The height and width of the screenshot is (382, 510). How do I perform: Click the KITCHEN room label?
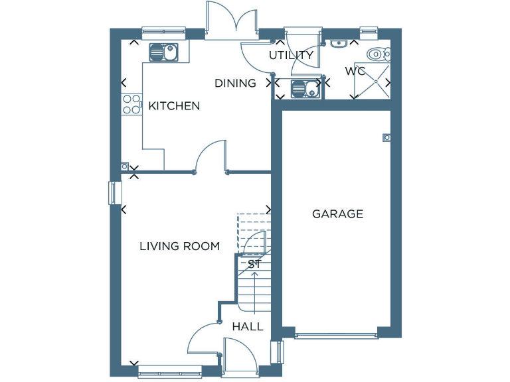174,106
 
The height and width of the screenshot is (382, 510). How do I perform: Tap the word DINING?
235,84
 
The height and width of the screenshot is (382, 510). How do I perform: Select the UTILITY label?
291,55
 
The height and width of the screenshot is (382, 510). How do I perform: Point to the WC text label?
355,71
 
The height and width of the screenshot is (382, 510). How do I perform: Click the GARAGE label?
338,214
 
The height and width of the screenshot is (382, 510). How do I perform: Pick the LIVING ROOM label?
179,246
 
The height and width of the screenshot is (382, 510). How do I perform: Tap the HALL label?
248,327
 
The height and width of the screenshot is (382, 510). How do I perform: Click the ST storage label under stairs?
254,264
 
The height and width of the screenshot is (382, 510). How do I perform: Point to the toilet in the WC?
378,54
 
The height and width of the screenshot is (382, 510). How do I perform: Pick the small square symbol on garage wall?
386,137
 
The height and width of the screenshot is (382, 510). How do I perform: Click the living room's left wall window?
112,192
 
